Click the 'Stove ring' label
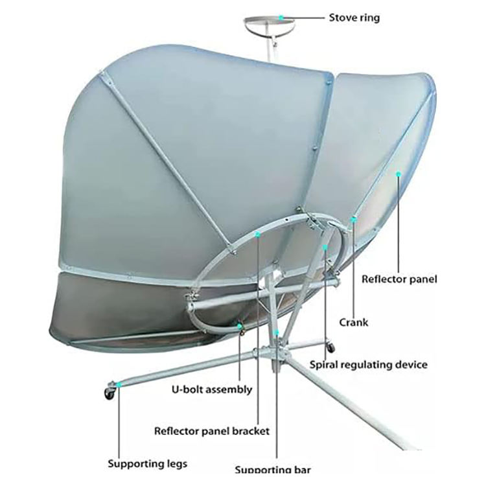coord(353,17)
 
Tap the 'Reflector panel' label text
coord(399,280)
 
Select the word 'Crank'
coord(354,322)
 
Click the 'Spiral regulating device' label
coord(368,365)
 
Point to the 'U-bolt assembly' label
coord(212,390)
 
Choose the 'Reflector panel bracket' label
coord(212,430)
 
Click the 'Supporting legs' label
coord(148,464)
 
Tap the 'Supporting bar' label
coord(272,470)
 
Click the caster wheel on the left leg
coord(107,392)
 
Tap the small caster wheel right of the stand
coord(330,344)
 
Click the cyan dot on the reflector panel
coord(399,173)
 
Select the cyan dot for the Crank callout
coord(354,220)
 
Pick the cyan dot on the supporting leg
coord(119,387)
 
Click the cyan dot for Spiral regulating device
coord(325,247)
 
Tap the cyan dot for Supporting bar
coord(277,332)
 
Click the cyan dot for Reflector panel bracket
coord(258,235)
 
